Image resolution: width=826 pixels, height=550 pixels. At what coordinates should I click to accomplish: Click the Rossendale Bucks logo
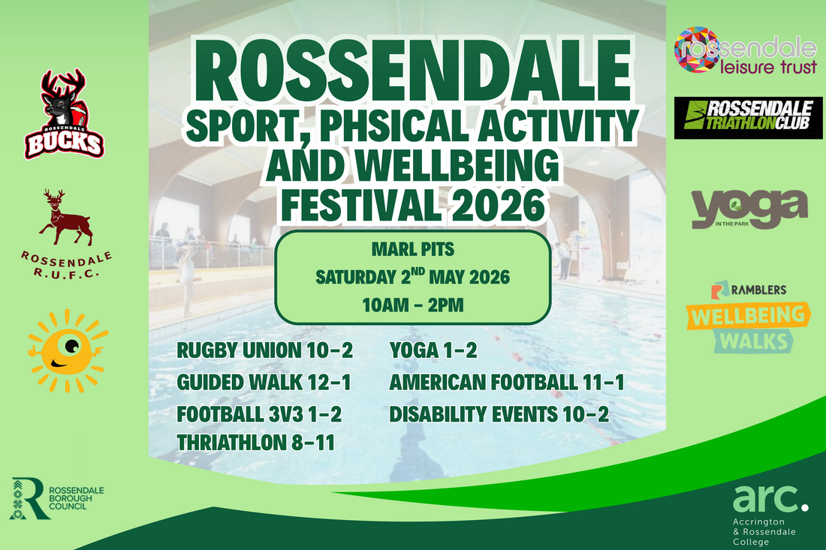[65, 114]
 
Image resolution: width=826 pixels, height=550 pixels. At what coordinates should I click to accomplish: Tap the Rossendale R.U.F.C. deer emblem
[66, 218]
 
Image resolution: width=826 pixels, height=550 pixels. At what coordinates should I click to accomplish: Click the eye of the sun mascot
[72, 346]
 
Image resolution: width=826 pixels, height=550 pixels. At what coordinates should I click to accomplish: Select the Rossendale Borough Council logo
[57, 498]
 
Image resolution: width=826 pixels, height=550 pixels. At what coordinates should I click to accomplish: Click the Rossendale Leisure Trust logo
[746, 50]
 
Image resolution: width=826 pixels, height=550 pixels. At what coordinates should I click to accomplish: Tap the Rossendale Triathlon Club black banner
[748, 118]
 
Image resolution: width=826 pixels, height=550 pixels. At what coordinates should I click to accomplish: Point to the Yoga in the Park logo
[749, 209]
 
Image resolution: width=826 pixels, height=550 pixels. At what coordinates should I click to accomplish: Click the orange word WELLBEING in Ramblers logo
[748, 316]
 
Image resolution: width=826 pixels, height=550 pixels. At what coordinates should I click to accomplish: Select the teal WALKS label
[754, 341]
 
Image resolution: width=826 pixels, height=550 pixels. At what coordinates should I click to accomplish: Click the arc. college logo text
[770, 498]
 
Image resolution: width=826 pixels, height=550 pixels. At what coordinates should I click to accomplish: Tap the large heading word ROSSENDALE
[412, 71]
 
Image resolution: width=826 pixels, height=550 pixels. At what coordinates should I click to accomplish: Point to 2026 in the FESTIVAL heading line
[499, 206]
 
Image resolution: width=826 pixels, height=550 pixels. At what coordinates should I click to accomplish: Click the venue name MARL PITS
[413, 249]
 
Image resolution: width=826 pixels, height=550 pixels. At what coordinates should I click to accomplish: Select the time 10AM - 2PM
[413, 305]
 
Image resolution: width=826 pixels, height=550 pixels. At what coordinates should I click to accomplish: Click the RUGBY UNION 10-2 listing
[264, 350]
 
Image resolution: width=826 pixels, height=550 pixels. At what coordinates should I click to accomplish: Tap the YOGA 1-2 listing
[433, 350]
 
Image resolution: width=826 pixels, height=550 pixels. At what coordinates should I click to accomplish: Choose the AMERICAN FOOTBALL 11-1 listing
[507, 383]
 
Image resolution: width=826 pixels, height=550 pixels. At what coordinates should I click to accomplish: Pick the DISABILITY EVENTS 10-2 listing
[499, 415]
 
